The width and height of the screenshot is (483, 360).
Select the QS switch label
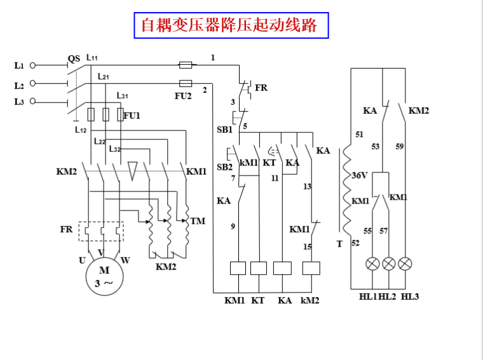point(74,59)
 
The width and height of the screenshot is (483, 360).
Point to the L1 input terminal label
point(18,65)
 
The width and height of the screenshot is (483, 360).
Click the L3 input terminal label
point(18,102)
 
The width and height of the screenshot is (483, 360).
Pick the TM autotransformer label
point(198,221)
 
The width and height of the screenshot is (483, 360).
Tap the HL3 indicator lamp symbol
point(404,264)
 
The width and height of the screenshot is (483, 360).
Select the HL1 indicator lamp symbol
point(372,264)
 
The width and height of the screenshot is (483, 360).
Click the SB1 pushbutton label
point(224,129)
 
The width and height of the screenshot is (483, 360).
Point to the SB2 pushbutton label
point(224,167)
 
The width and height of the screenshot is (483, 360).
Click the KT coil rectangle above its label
point(259,268)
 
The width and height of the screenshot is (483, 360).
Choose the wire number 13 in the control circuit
point(307,187)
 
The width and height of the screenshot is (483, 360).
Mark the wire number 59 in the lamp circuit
point(399,146)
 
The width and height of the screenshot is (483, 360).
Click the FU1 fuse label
point(132,116)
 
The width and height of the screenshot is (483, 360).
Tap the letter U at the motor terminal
point(82,260)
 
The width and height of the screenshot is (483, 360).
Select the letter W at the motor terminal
point(125,260)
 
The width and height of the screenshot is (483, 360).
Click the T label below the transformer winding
point(339,244)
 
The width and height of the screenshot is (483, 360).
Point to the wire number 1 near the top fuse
point(213,57)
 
